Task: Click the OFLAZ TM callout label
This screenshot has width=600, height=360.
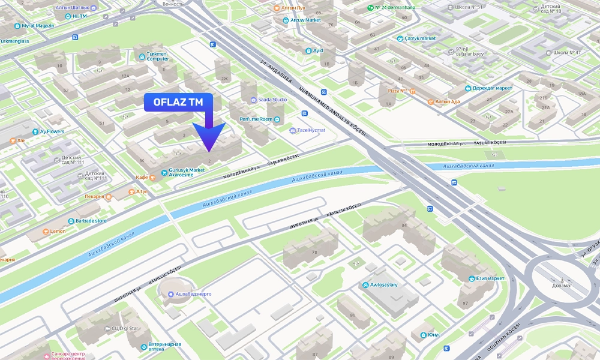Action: [x=178, y=103]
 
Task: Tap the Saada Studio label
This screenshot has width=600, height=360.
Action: [x=272, y=100]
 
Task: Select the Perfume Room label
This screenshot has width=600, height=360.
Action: [x=256, y=119]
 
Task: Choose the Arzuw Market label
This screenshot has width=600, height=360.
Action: [x=305, y=20]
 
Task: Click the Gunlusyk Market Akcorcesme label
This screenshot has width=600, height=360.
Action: [x=187, y=173]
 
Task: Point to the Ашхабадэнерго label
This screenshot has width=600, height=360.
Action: [x=193, y=294]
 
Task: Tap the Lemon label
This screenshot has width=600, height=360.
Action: [x=58, y=231]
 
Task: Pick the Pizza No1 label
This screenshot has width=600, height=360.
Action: [x=398, y=91]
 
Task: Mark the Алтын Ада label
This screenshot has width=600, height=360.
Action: [x=447, y=101]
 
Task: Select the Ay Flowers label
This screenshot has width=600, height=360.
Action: [x=52, y=131]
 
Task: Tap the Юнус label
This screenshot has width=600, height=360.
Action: [x=434, y=335]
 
